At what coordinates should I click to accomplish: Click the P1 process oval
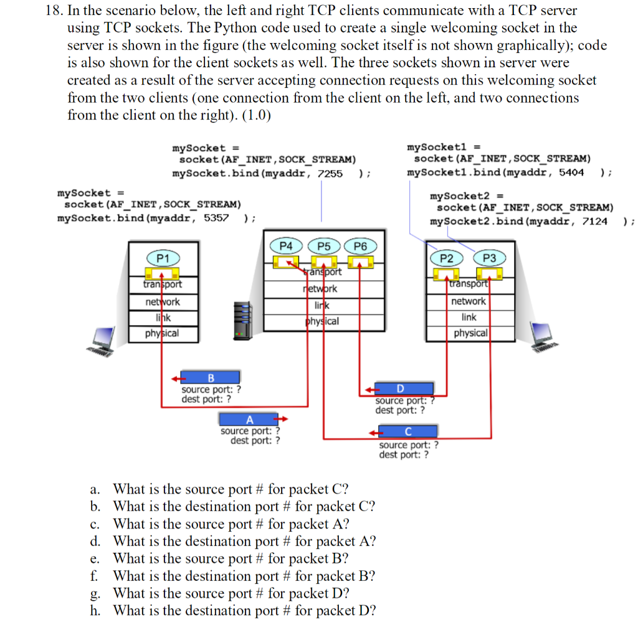coord(163,258)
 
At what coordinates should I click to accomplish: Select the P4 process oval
coord(286,246)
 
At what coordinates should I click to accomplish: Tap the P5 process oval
coord(324,246)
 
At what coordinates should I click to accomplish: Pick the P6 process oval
coord(361,246)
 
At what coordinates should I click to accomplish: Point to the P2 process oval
coord(446,258)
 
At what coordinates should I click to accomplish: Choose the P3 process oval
coord(490,258)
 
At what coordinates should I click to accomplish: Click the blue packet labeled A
coord(249,419)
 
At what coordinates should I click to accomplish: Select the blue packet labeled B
coord(211,377)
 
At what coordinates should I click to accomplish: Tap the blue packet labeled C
coord(408,431)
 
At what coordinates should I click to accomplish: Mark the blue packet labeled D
coord(404,389)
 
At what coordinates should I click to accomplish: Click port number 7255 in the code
coord(330,174)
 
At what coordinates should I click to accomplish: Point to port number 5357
coord(216,219)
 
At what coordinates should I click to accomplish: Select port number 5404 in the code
coord(571,172)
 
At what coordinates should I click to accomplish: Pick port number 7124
coord(594,222)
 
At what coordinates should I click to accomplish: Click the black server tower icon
coord(243,321)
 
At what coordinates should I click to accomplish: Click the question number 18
coord(54,10)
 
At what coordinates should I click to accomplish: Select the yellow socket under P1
coord(163,273)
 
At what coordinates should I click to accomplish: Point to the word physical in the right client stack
coord(471,333)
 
